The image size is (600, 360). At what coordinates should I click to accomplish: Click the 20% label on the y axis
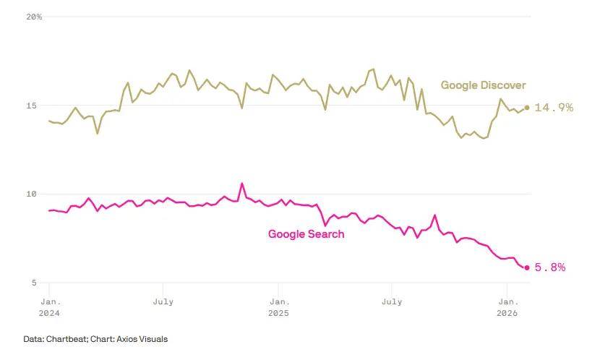point(33,17)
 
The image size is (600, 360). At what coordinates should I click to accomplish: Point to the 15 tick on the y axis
point(31,106)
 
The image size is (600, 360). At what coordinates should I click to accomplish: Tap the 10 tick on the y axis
point(31,194)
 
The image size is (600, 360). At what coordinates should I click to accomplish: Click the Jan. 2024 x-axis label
point(49,307)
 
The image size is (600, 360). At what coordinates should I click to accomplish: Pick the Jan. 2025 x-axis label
point(278,307)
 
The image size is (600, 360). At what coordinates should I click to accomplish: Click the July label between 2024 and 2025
point(163,301)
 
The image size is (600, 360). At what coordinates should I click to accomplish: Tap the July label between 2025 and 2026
point(393,301)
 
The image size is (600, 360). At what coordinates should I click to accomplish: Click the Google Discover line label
point(483,85)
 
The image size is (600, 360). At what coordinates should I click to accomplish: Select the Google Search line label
point(306,234)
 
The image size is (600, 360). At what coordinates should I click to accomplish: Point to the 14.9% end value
point(554,108)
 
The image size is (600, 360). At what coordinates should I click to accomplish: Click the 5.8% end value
point(550,267)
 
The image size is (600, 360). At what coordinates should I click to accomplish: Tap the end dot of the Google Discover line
point(527,108)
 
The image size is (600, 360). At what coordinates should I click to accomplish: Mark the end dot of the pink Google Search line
point(527,267)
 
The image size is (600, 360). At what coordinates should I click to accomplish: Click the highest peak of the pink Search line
point(242,184)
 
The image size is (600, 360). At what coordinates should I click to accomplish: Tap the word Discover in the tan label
point(502,85)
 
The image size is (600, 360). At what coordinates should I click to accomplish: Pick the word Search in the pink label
point(326,234)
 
